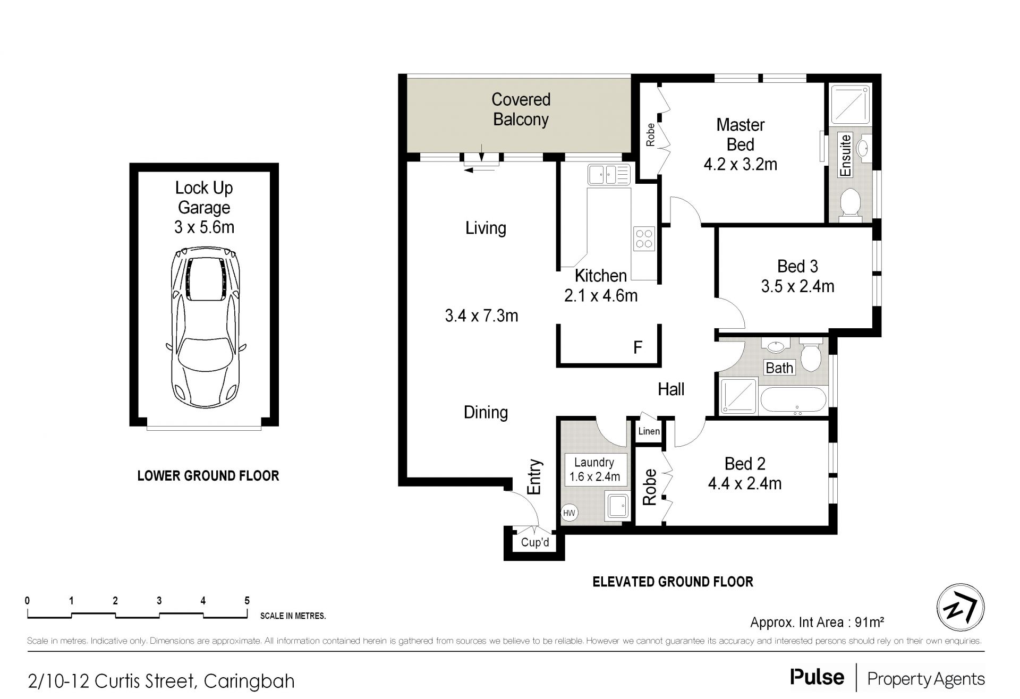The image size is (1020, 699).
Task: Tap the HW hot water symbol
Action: (x=569, y=513)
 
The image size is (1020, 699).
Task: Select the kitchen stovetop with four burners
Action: (x=644, y=238)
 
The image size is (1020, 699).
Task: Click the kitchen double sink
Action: (x=609, y=174)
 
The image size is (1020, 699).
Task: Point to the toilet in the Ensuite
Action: (x=851, y=203)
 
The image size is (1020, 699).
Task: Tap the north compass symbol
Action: (x=960, y=607)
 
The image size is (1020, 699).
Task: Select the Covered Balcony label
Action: (x=521, y=109)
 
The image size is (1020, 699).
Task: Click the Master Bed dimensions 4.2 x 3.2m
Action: (x=740, y=165)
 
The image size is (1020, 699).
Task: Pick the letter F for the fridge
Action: (x=637, y=348)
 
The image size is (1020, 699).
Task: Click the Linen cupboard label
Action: (x=649, y=431)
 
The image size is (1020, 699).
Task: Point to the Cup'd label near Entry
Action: (x=535, y=542)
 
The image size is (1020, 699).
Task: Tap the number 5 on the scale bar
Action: (x=247, y=601)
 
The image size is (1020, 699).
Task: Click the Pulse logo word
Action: (x=817, y=677)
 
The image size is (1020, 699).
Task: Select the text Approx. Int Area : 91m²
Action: (x=817, y=622)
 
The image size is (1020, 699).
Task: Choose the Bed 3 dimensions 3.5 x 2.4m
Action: (x=797, y=287)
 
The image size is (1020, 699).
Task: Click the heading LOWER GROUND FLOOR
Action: (x=208, y=475)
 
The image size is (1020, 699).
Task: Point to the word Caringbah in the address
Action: (x=249, y=680)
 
